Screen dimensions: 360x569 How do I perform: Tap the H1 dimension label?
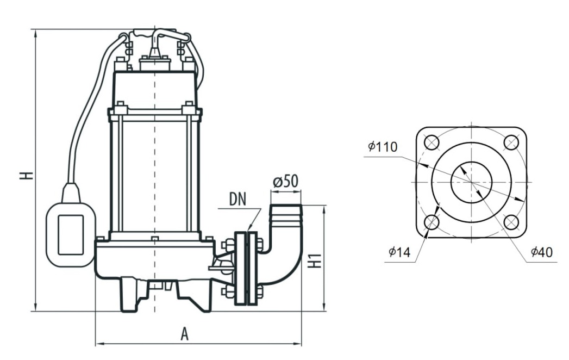coord(314,260)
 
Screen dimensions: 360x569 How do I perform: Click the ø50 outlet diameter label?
coord(285,182)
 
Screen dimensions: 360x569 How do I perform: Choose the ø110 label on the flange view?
coord(382,146)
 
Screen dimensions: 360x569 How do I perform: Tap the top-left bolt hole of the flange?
coord(432,142)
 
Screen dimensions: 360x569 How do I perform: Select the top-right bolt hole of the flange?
coord(511,142)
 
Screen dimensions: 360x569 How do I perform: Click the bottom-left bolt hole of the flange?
coord(432,222)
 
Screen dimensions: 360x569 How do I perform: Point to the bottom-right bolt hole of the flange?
coord(511,222)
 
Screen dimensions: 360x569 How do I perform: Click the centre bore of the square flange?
coord(472,182)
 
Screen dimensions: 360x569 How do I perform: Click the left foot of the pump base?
coord(130,296)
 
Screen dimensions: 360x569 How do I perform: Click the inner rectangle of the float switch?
coord(71,234)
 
